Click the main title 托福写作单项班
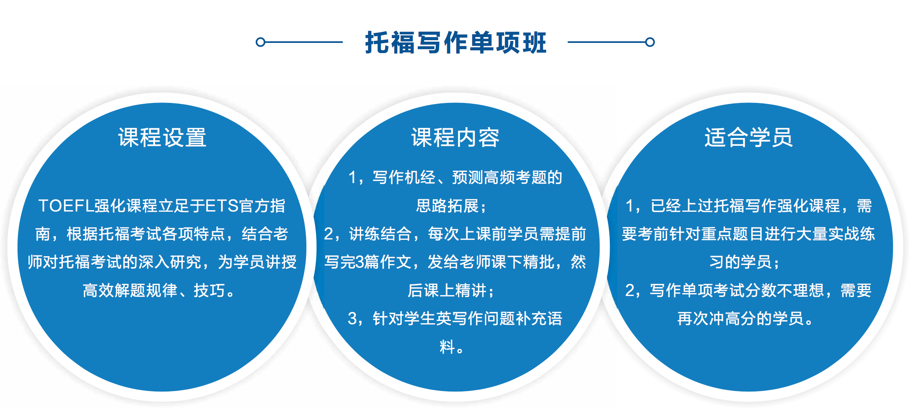[456, 42]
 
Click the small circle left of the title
[260, 42]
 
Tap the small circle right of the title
[650, 42]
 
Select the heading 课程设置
[162, 138]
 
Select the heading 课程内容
[455, 138]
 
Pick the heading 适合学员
[748, 138]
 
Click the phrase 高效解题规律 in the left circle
[130, 290]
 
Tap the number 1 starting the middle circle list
[353, 178]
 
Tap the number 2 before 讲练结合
[329, 234]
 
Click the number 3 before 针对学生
[352, 319]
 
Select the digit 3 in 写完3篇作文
[360, 262]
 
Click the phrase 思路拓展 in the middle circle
[447, 206]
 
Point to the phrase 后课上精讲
[447, 290]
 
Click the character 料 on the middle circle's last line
[448, 347]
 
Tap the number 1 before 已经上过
[630, 206]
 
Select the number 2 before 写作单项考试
[630, 290]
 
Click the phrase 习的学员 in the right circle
[740, 262]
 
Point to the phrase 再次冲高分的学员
[740, 319]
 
